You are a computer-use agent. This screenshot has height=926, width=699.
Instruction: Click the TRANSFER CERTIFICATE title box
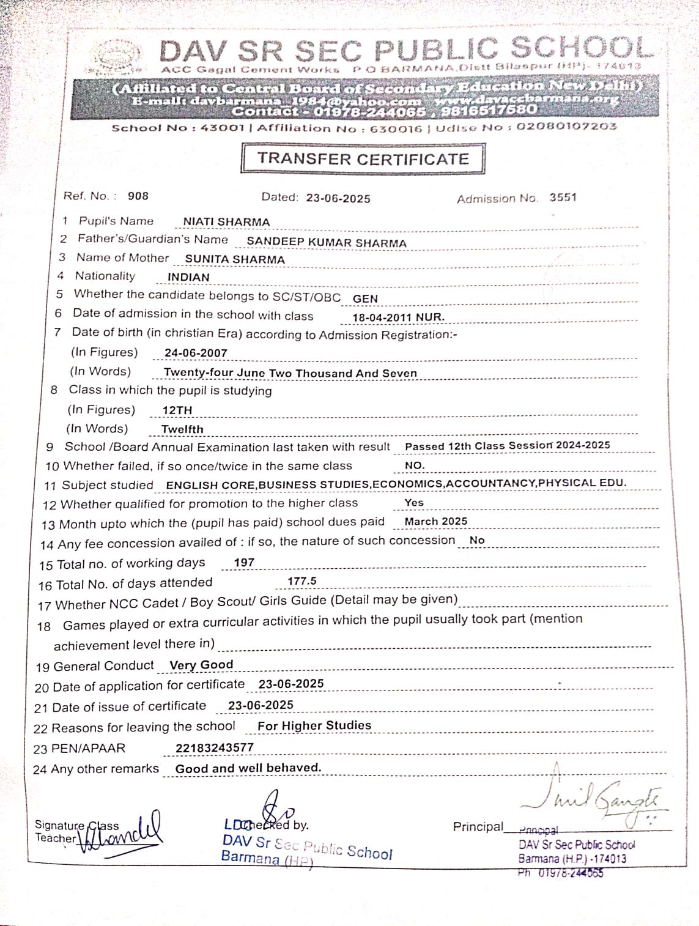tap(363, 159)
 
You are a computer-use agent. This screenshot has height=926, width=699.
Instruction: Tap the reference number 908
tap(138, 196)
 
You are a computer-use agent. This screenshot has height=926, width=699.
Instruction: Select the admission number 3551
tap(563, 197)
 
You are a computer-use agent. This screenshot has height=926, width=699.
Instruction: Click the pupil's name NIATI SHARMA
tap(226, 221)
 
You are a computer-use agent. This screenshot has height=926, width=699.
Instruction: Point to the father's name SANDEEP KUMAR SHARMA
tap(327, 242)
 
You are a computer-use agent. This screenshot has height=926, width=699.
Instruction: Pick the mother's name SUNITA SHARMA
tap(235, 259)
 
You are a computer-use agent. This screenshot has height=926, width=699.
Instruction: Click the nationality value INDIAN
tap(188, 277)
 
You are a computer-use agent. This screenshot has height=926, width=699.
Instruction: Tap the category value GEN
tap(365, 298)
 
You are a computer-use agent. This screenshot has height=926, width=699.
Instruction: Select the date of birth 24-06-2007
tap(196, 353)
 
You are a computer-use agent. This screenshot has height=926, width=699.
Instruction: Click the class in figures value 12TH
tap(177, 410)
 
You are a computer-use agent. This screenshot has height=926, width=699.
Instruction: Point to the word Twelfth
tap(182, 429)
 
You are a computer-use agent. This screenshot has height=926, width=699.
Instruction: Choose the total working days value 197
tap(244, 563)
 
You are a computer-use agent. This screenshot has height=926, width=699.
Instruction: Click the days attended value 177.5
tap(302, 581)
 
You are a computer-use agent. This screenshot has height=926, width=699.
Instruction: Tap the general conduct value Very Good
tap(201, 665)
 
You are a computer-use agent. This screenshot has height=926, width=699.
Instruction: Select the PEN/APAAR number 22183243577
tap(214, 747)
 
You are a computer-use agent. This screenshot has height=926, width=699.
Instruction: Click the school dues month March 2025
tap(436, 521)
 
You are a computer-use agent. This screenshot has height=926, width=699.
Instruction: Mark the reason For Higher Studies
tap(314, 725)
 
